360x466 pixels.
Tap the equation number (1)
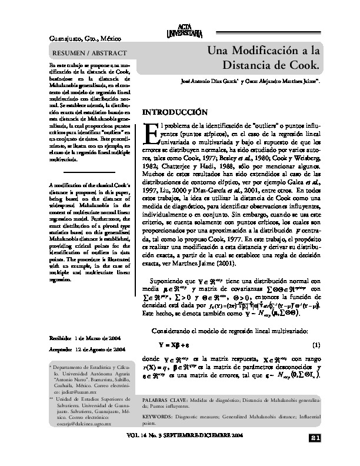pyautogui.click(x=315, y=344)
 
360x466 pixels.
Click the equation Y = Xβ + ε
pyautogui.click(x=173, y=344)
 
